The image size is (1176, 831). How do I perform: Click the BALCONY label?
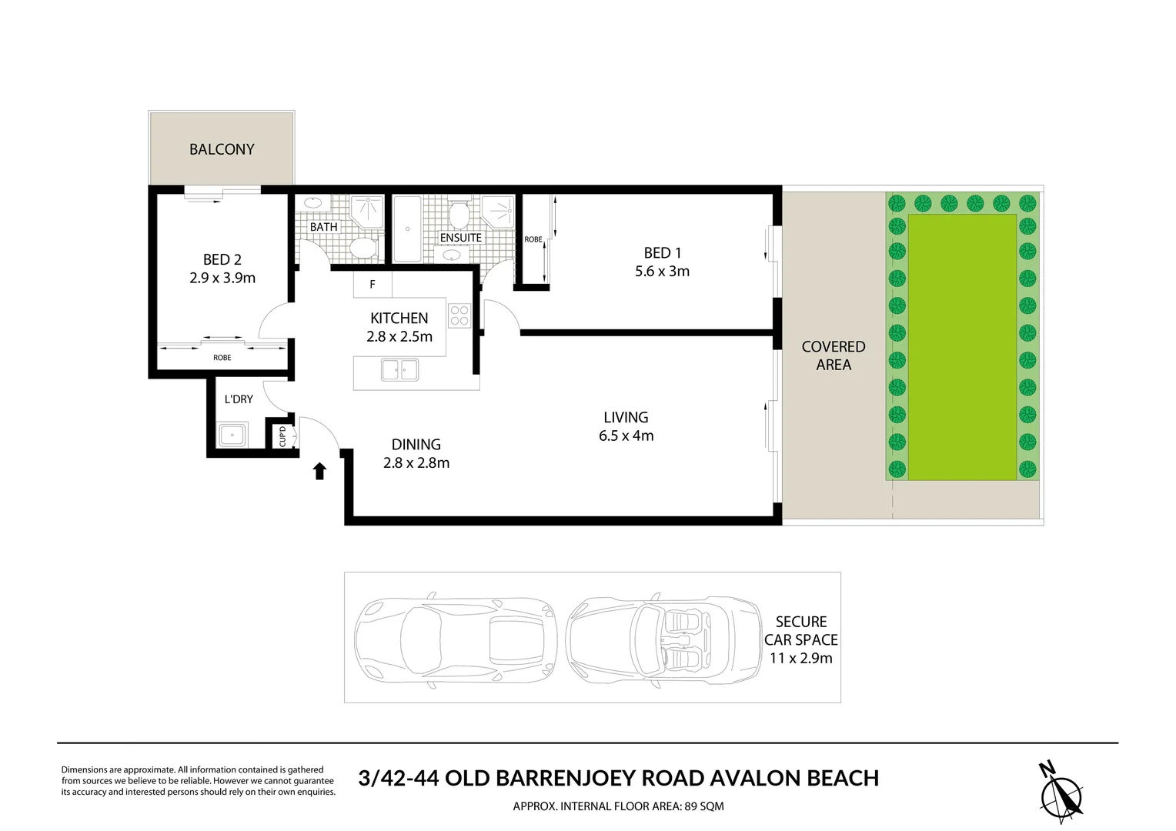coord(222,149)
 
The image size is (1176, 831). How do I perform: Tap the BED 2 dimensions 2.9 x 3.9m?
coord(222,278)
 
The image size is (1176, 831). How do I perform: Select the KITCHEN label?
coord(399,318)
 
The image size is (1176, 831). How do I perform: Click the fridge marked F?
coord(373,285)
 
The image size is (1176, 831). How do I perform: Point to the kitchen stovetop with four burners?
coord(459,315)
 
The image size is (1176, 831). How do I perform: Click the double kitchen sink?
coord(399,370)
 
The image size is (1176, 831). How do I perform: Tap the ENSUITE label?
coord(461,238)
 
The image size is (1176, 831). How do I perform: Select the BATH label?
coord(324,227)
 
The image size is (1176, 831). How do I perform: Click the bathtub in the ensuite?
coord(406,229)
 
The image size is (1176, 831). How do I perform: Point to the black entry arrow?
coord(319,471)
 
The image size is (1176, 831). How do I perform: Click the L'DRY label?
coord(239,399)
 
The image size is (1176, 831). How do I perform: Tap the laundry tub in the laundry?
coord(232,436)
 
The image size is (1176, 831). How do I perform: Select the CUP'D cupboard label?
coord(282,436)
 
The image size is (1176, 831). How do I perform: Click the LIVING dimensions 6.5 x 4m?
coord(626,436)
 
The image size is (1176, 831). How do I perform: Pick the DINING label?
coord(416,444)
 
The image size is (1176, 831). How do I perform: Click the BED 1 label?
coord(662,252)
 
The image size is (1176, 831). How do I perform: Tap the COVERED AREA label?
coord(834,355)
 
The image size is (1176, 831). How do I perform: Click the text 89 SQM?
coord(701,806)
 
